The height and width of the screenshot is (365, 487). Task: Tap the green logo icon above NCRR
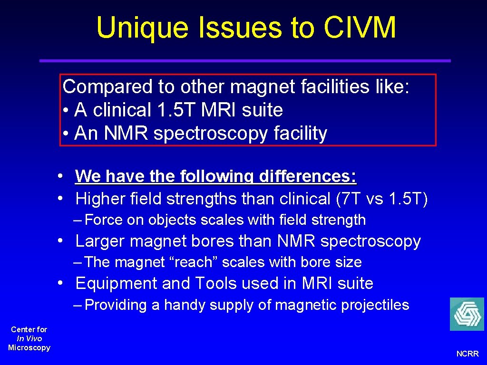(x=467, y=314)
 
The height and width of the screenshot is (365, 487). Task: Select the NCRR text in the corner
(x=468, y=354)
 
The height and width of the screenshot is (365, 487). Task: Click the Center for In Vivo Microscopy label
(x=29, y=338)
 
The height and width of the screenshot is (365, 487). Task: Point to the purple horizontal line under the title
(x=244, y=61)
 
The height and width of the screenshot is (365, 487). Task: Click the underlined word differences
(x=307, y=176)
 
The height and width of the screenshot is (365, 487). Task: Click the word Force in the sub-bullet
(x=104, y=220)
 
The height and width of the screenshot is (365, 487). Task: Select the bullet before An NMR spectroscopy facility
(x=66, y=134)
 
